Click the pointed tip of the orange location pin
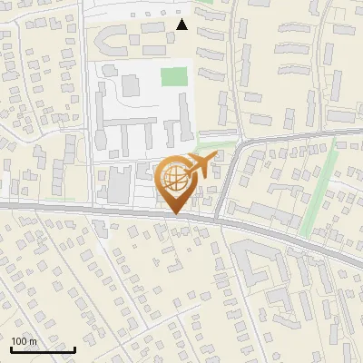coord(175,214)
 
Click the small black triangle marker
coord(181,25)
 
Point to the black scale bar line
coord(43,349)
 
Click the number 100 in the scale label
coord(20,341)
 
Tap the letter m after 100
coord(33,341)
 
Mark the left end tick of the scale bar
coord(11,348)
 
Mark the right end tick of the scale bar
coord(74,348)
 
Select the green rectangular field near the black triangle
coord(173,77)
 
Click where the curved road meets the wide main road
coord(221,218)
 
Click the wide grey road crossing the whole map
coord(91,210)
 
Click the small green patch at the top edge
coord(207,2)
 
